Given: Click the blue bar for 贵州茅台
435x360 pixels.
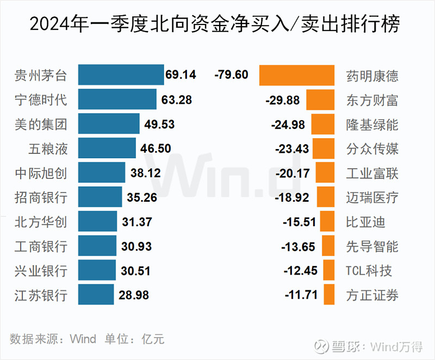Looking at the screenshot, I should click(121, 75).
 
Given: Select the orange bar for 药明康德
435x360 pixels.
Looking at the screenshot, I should click(297, 75).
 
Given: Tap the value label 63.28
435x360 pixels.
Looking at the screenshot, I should click(177, 100).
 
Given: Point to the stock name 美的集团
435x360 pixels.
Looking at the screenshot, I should click(41, 125).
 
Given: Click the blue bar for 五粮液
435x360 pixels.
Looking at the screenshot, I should click(107, 148).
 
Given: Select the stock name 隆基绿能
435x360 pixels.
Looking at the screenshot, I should click(372, 125).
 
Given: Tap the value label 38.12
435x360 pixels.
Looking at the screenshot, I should click(146, 173).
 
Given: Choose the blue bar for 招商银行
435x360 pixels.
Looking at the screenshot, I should click(100, 197).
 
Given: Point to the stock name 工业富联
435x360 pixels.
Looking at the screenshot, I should click(372, 173).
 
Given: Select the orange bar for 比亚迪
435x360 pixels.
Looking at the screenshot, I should click(327, 222).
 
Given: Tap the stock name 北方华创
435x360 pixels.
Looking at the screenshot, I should click(41, 222).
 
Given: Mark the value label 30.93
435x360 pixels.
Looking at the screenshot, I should click(136, 246).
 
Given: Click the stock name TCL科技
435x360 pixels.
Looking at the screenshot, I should click(369, 271).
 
